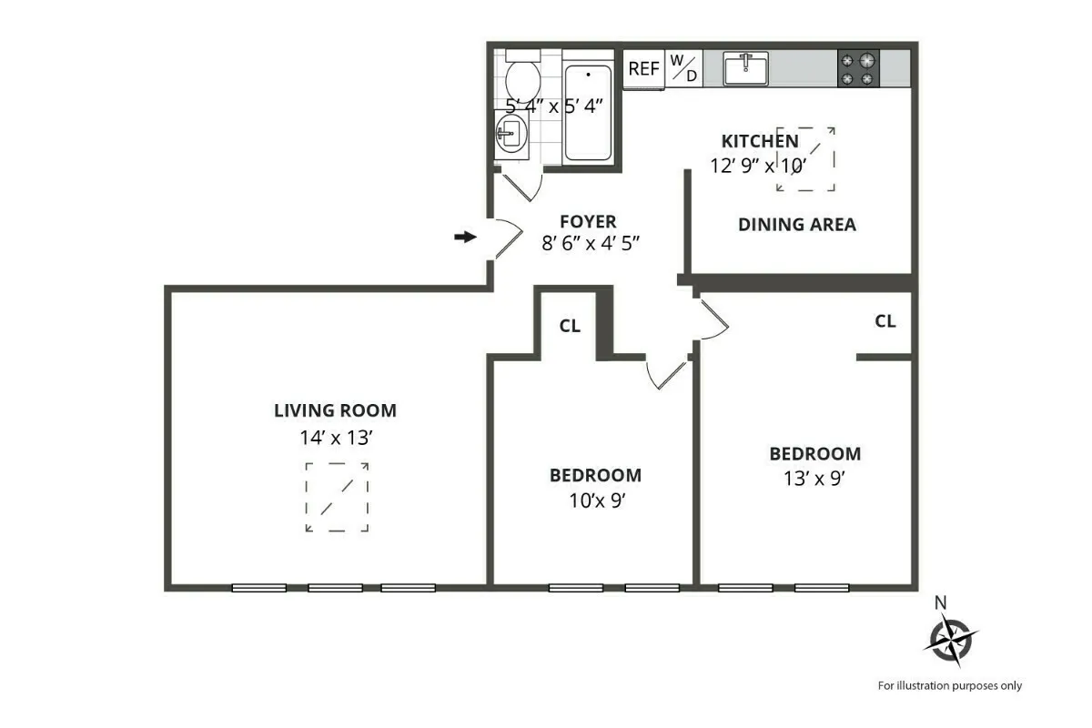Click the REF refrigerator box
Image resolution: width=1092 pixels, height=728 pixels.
tap(644, 69)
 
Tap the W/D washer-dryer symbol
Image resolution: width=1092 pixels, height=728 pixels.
tap(683, 68)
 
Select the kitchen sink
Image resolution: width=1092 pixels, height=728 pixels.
tap(745, 68)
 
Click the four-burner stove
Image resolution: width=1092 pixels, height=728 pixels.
tap(858, 68)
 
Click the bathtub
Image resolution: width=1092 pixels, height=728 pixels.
tap(589, 114)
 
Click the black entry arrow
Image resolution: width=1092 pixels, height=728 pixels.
tap(465, 238)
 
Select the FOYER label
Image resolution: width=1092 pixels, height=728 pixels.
tap(588, 221)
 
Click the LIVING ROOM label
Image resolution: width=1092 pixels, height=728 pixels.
tap(335, 410)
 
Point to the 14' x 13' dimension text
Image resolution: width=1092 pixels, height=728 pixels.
tap(335, 438)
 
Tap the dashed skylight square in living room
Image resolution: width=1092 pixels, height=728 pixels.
tap(337, 497)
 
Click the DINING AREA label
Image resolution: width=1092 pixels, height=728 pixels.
tap(797, 225)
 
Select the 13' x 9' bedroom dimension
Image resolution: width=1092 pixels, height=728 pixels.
tap(814, 480)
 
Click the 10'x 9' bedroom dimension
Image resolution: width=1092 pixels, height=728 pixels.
tap(595, 501)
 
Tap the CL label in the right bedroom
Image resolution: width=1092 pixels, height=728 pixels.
tap(885, 321)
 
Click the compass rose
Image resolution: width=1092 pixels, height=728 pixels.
tap(950, 638)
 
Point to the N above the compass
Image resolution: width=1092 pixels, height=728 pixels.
tap(941, 602)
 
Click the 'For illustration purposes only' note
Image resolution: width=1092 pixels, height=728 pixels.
tap(949, 686)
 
